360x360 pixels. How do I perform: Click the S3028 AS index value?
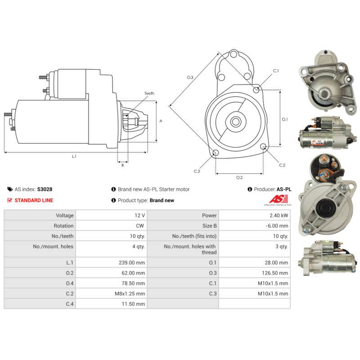(45, 189)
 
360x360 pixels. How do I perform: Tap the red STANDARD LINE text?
(34, 200)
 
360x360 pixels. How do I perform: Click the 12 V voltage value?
(139, 216)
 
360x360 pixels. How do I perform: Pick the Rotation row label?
(63, 226)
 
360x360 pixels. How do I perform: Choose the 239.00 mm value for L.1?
(132, 263)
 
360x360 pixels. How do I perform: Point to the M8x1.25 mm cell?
(130, 294)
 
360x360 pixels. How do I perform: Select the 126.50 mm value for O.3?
(275, 273)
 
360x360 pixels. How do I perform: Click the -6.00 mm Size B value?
(277, 226)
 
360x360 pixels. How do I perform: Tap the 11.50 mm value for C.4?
(133, 304)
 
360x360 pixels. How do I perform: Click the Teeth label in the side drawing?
(149, 94)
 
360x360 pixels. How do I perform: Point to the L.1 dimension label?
(74, 156)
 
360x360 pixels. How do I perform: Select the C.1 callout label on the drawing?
(276, 71)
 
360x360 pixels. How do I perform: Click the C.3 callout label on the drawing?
(197, 171)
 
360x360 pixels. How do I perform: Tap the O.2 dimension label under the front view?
(239, 177)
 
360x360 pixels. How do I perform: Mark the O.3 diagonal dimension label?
(190, 77)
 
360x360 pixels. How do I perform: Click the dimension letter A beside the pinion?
(161, 121)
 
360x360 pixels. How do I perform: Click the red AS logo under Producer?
(279, 199)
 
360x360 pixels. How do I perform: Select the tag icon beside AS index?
(10, 189)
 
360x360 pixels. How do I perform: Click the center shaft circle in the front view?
(235, 121)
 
